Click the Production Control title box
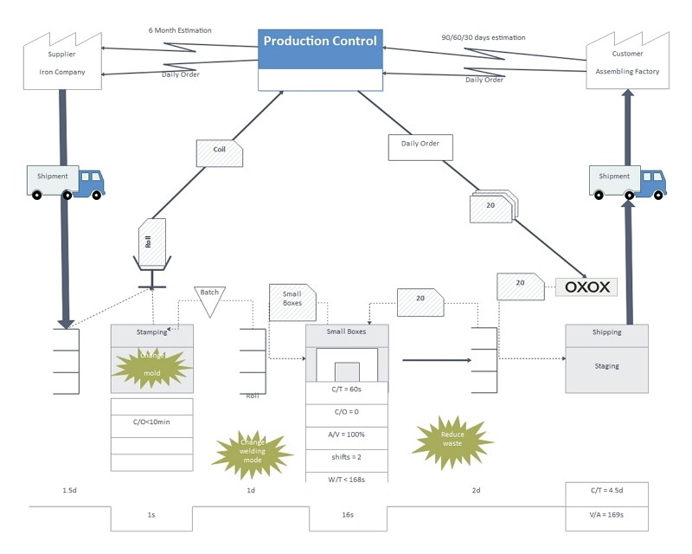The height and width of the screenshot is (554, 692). (x=320, y=42)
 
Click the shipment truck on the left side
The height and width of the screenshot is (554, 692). (x=66, y=181)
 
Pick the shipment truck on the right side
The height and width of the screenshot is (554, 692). (x=627, y=181)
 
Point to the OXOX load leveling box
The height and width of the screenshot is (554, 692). (x=586, y=287)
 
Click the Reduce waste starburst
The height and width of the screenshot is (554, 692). (x=452, y=441)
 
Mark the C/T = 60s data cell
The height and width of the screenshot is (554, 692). (x=347, y=390)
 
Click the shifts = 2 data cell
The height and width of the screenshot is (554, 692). (x=347, y=456)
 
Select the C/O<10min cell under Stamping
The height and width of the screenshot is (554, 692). (x=151, y=422)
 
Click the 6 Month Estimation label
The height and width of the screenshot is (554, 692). (x=180, y=30)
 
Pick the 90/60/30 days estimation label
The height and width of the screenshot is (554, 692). (x=483, y=38)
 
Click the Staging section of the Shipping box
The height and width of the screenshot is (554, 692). (x=606, y=367)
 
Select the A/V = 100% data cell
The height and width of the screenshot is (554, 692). (x=347, y=435)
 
